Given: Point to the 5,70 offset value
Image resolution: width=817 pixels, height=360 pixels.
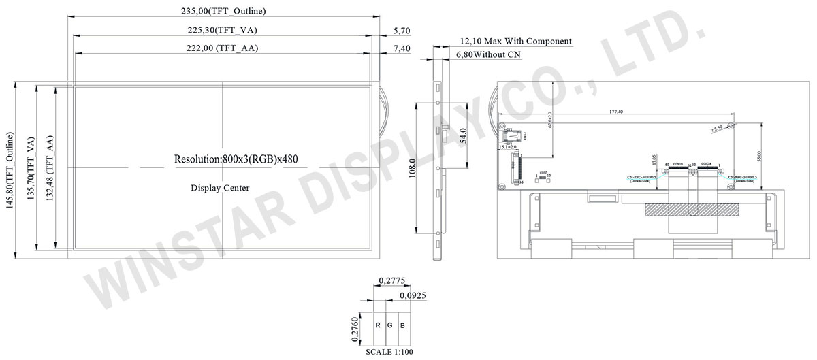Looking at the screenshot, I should [402, 31].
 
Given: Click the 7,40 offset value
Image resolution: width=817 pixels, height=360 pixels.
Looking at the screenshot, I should [402, 48].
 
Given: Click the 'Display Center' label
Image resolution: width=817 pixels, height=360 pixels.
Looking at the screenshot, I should [219, 188].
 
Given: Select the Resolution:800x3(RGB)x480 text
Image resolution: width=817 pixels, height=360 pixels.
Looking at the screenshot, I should [236, 159].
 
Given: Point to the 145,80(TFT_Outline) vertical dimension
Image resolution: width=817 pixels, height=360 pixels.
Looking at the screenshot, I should [8, 169].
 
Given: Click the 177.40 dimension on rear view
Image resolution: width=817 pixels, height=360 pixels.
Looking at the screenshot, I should [617, 111].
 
